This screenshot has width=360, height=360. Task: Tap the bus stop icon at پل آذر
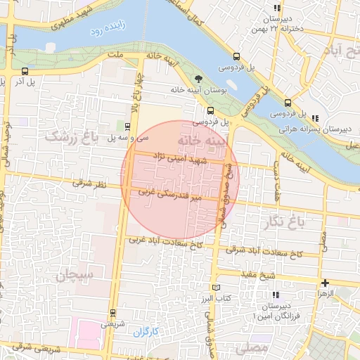[x=25, y=71]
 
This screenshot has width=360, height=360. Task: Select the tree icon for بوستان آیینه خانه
[x=199, y=79]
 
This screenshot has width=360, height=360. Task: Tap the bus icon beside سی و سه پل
[x=127, y=127]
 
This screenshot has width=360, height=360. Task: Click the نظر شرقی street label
[x=89, y=184]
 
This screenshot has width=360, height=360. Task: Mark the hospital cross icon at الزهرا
[x=324, y=282]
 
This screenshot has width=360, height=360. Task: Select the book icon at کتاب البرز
[x=216, y=288]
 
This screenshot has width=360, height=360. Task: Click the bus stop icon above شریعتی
[x=112, y=312]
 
